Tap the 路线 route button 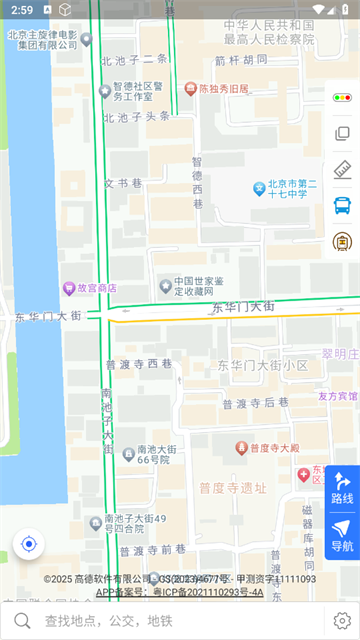tap(342, 487)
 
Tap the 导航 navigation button tap(342, 535)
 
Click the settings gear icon tap(342, 621)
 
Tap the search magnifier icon tap(21, 621)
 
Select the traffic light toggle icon tap(342, 98)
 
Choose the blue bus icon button tap(342, 205)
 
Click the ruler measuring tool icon tap(342, 169)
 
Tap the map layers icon tap(342, 134)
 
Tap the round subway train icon tap(342, 241)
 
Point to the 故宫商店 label tap(90, 288)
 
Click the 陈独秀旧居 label tap(222, 89)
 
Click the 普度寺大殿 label tap(274, 447)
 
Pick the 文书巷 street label tap(123, 183)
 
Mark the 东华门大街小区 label tap(262, 366)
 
